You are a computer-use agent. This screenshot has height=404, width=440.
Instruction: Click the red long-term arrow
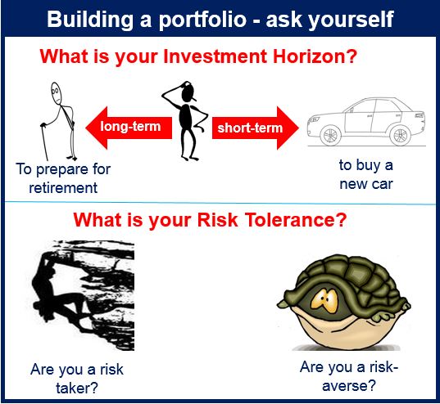(x=129, y=128)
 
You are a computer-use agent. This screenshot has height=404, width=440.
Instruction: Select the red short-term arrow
(x=256, y=128)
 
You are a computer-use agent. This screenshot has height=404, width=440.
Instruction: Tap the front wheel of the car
(x=331, y=135)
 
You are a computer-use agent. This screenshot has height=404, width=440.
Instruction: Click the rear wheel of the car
(x=401, y=135)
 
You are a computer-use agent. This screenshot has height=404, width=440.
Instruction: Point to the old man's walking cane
(x=45, y=141)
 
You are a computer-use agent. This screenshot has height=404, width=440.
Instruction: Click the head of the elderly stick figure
(x=56, y=93)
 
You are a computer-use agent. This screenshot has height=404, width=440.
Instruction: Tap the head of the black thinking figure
(x=188, y=92)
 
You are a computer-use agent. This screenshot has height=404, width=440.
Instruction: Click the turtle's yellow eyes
(x=325, y=300)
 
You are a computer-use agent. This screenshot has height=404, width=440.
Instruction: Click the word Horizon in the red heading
(x=315, y=56)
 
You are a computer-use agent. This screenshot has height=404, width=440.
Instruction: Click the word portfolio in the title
(x=202, y=20)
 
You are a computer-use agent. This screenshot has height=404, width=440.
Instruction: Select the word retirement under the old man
(x=63, y=188)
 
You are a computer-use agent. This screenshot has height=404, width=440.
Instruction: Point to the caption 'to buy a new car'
(x=366, y=174)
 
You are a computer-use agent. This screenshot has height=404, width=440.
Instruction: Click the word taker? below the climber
(x=77, y=388)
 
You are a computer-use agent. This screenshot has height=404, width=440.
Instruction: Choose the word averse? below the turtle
(x=349, y=385)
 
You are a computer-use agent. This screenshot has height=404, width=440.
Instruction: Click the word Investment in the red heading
(x=215, y=56)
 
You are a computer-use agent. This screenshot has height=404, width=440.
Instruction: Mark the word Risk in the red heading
(x=217, y=220)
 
